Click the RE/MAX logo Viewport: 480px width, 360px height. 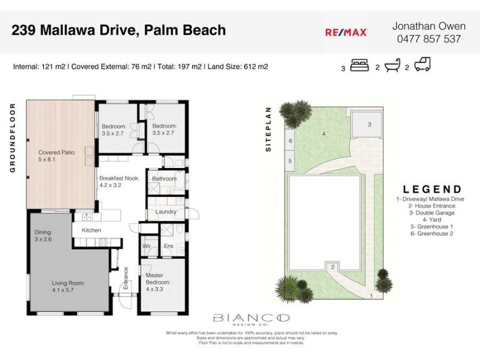click(346, 33)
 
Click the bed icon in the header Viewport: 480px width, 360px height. click(359, 65)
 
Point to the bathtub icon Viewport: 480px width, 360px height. click(392, 65)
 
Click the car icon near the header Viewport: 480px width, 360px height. click(422, 65)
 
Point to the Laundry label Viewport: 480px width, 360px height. click(165, 212)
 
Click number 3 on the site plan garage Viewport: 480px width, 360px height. click(370, 124)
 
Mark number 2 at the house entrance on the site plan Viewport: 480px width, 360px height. click(332, 267)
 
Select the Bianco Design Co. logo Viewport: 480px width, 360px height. click(251, 319)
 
